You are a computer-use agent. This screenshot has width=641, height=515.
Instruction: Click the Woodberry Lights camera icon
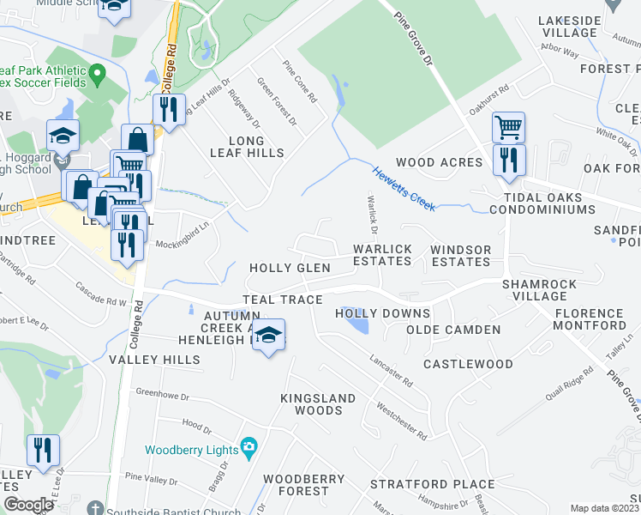[249, 445]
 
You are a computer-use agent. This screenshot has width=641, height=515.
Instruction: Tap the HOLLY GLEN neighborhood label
[290, 269]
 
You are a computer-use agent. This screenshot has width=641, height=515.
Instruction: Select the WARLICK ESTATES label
[383, 256]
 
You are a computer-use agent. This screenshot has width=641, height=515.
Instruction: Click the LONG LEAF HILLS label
[246, 147]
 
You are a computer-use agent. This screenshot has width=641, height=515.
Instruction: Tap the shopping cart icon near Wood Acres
[508, 128]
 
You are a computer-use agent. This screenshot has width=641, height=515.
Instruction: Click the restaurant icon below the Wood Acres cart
[510, 160]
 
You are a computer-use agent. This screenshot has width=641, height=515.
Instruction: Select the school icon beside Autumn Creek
[269, 335]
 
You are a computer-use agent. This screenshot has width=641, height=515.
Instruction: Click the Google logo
[27, 505]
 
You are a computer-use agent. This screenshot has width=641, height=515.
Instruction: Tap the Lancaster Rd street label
[392, 370]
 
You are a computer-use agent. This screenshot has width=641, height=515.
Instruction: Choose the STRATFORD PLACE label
[432, 485]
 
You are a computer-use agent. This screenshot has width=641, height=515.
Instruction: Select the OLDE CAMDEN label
[452, 330]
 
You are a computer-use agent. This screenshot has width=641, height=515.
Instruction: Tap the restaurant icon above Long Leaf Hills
[168, 109]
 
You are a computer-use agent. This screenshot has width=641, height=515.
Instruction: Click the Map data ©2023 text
[604, 508]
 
